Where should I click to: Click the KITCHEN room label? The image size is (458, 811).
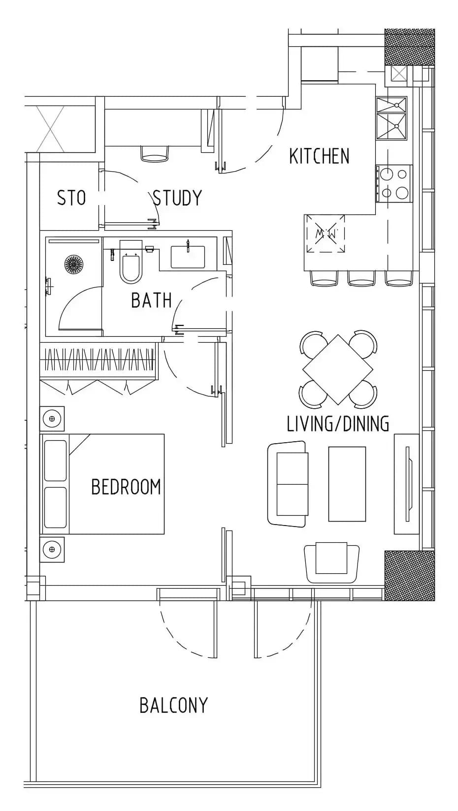click(x=319, y=156)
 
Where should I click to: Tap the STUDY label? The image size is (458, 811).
click(x=177, y=198)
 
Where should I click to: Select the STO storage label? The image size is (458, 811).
click(x=71, y=198)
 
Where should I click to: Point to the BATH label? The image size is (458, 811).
click(x=151, y=300)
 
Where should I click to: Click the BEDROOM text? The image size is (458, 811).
click(x=126, y=487)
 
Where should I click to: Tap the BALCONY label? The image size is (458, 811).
click(x=174, y=705)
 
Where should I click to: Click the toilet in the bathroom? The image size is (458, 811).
click(x=131, y=261)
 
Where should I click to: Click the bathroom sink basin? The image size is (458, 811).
click(x=188, y=256)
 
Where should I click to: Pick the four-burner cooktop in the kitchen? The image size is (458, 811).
click(x=394, y=183)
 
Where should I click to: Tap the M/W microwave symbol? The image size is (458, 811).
click(x=325, y=233)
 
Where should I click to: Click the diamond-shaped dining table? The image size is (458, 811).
click(x=337, y=369)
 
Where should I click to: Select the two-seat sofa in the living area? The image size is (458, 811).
click(x=288, y=484)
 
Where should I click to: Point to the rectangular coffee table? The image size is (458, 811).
click(x=347, y=484)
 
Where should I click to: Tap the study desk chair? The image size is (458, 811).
click(x=154, y=153)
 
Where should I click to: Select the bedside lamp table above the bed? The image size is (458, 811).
click(x=52, y=419)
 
